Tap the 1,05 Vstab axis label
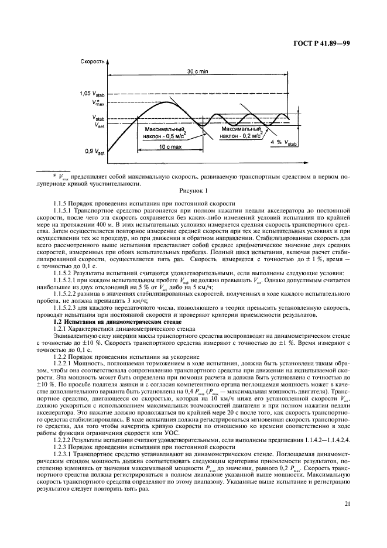click(92, 93)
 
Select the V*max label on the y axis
click(97, 103)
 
